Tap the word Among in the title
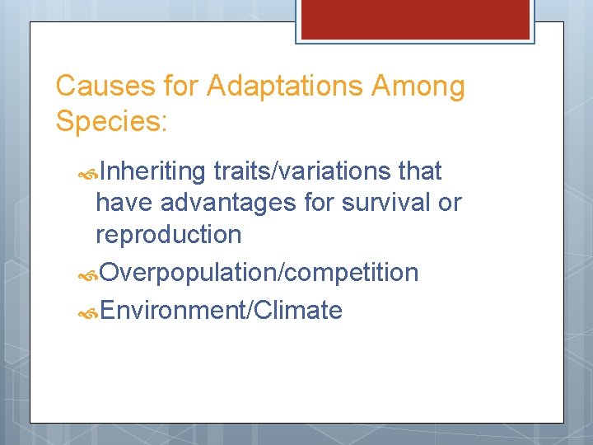428,86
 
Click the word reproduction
169,234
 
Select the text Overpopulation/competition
259,272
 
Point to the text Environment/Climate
220,311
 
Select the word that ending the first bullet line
420,171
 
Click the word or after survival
450,203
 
